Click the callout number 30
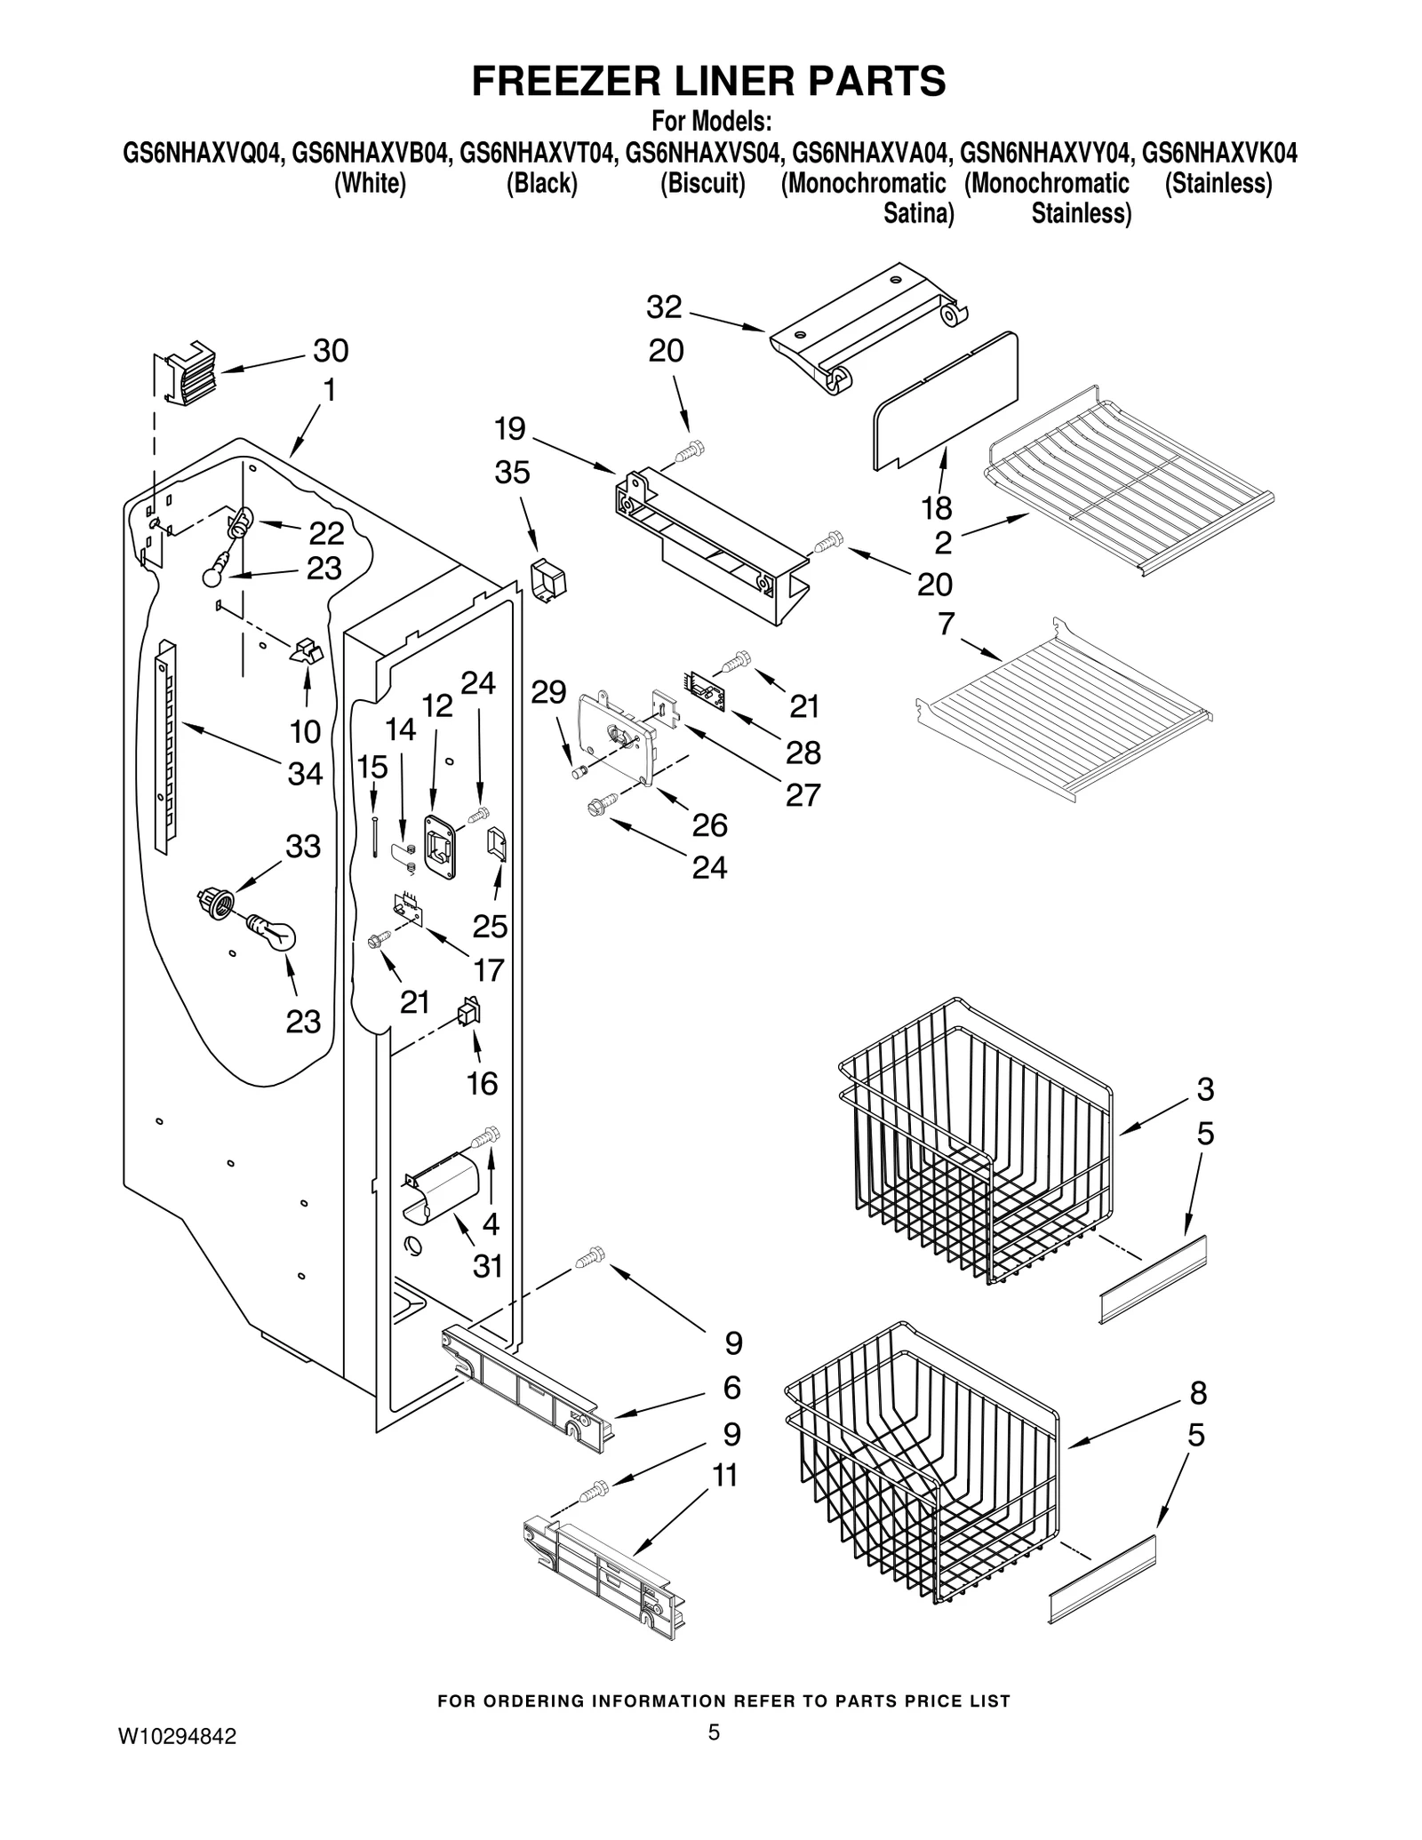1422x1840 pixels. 331,351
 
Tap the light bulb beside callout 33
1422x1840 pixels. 270,933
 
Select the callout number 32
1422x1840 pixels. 664,307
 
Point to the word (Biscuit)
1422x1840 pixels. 702,184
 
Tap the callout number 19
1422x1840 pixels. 510,430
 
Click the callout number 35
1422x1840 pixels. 512,473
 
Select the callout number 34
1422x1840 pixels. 305,774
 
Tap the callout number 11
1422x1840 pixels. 725,1475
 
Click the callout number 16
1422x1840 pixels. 483,1083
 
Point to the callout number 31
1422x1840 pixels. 488,1266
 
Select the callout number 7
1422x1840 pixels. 946,625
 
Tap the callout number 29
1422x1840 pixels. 548,692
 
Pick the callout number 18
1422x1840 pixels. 937,508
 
